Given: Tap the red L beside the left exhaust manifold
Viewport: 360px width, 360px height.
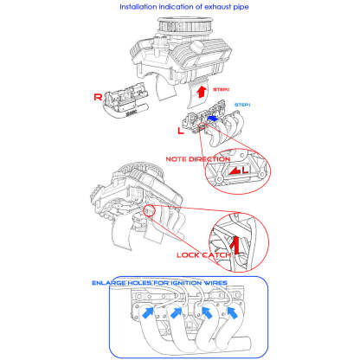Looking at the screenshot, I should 180,130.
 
